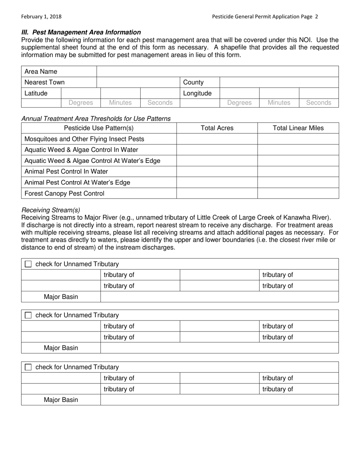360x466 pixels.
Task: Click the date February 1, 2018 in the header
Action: click(x=41, y=17)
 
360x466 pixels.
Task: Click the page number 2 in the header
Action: click(x=316, y=17)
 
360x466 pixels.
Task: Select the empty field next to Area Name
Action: click(x=218, y=72)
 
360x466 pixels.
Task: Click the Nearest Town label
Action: click(x=44, y=82)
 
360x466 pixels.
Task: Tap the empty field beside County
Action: click(x=279, y=82)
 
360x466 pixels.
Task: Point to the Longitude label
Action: click(x=197, y=93)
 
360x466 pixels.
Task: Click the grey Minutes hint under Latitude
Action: click(x=120, y=103)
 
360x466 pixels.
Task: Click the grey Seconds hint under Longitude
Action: click(x=318, y=103)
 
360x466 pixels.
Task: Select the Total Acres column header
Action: click(x=217, y=128)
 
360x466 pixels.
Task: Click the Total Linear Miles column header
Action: click(x=298, y=128)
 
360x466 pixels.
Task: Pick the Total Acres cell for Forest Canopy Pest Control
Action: click(x=217, y=193)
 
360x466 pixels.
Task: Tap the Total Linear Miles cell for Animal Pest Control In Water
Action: click(x=298, y=172)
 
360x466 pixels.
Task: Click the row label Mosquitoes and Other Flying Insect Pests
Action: click(x=84, y=139)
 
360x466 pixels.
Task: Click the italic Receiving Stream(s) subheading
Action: click(x=51, y=210)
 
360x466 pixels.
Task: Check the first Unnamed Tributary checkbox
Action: click(x=28, y=264)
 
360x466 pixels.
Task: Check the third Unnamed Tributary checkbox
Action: click(x=28, y=367)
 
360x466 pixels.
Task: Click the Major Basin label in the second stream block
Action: click(x=61, y=348)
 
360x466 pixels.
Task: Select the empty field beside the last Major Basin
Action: click(x=219, y=400)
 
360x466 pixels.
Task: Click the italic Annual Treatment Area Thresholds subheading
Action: click(x=96, y=119)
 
